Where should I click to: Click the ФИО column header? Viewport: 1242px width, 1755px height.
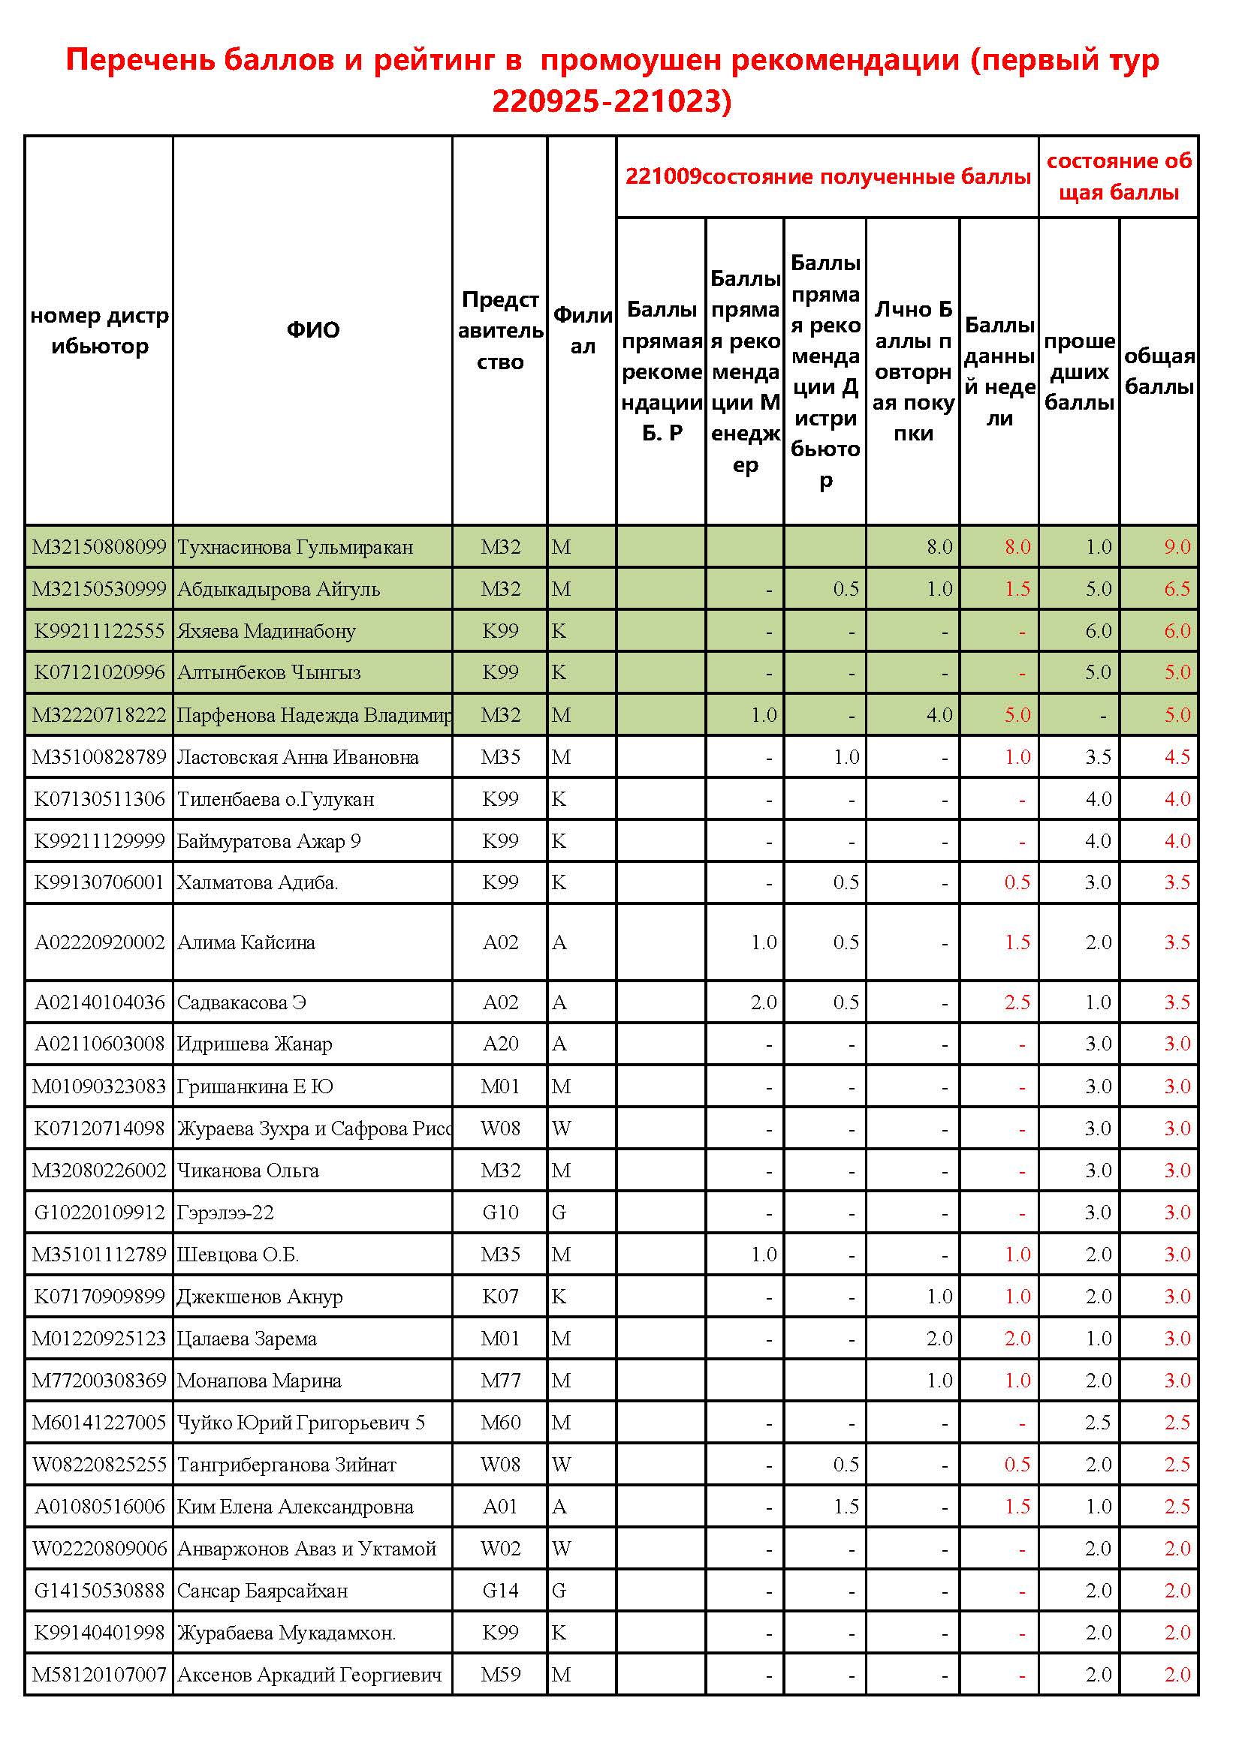pyautogui.click(x=313, y=330)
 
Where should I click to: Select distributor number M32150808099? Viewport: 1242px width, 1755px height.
pyautogui.click(x=99, y=547)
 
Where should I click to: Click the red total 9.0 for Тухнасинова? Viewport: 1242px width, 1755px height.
pyautogui.click(x=1177, y=547)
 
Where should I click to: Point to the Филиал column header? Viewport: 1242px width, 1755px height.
pyautogui.click(x=582, y=330)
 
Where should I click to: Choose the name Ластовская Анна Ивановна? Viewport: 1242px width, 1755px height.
pyautogui.click(x=297, y=758)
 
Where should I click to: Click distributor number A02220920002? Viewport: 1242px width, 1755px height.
pyautogui.click(x=99, y=942)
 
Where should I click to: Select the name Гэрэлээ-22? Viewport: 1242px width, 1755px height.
pyautogui.click(x=225, y=1213)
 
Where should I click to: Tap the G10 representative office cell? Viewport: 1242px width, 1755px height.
pyautogui.click(x=500, y=1213)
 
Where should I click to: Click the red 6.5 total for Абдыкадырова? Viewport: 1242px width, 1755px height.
pyautogui.click(x=1177, y=589)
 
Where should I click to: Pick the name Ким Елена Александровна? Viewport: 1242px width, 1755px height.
pyautogui.click(x=295, y=1507)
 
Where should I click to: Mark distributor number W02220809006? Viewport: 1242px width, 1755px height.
pyautogui.click(x=99, y=1549)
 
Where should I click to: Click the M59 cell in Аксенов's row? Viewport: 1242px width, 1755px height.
pyautogui.click(x=500, y=1675)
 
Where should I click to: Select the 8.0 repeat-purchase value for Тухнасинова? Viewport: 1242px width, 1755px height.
pyautogui.click(x=939, y=547)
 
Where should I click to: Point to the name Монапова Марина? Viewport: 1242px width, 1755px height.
pyautogui.click(x=259, y=1381)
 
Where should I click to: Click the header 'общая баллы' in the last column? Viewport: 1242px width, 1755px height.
pyautogui.click(x=1159, y=371)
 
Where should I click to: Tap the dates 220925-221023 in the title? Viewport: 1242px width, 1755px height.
pyautogui.click(x=612, y=101)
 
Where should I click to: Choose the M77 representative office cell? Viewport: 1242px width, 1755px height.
pyautogui.click(x=500, y=1381)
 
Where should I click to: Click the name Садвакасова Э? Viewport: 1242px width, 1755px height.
pyautogui.click(x=242, y=1002)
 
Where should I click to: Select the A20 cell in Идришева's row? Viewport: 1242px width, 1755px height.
pyautogui.click(x=500, y=1044)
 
